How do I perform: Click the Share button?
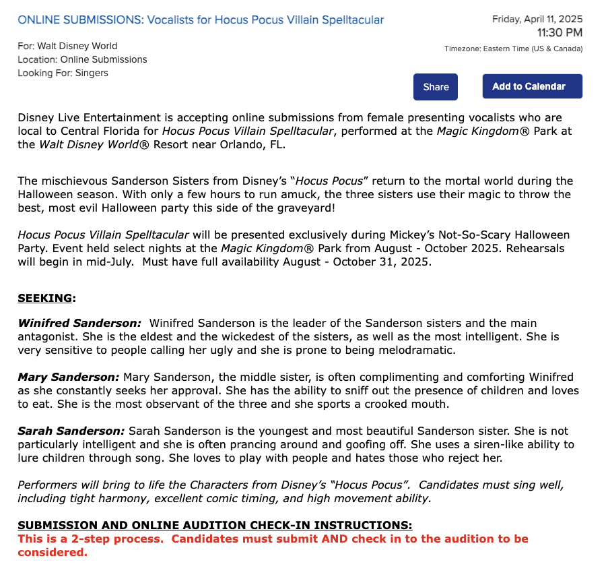coord(436,86)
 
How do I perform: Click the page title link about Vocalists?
coord(201,20)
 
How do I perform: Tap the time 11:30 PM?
coord(560,32)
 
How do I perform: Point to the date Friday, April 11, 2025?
coord(537,19)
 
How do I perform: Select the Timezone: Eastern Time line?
coord(513,49)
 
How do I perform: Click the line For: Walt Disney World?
coord(67,46)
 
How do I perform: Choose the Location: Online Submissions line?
coord(82,59)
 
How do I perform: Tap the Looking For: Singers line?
coord(63,73)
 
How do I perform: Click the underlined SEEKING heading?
coord(46,298)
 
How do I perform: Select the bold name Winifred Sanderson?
coord(79,324)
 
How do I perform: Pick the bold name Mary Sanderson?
coord(68,377)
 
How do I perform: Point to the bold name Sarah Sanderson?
coord(71,431)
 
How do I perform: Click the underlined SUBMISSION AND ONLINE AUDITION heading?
coord(215,525)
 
